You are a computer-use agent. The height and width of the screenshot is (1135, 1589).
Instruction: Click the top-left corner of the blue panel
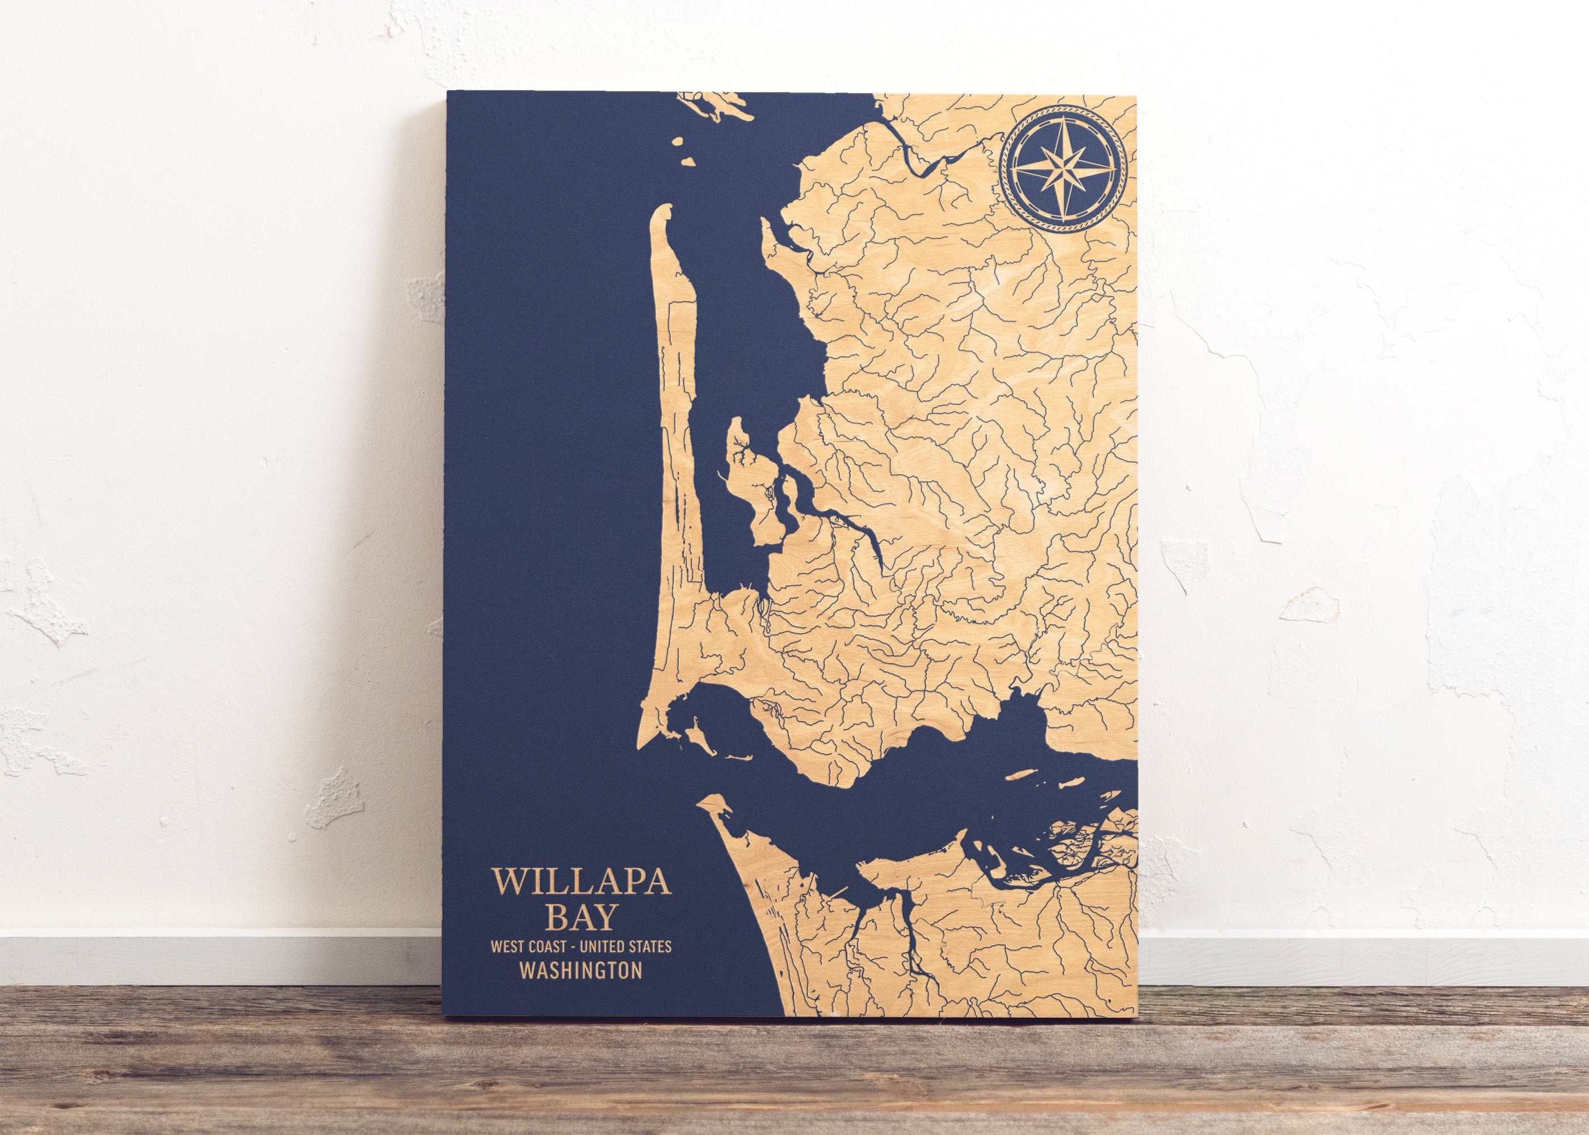447,94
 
